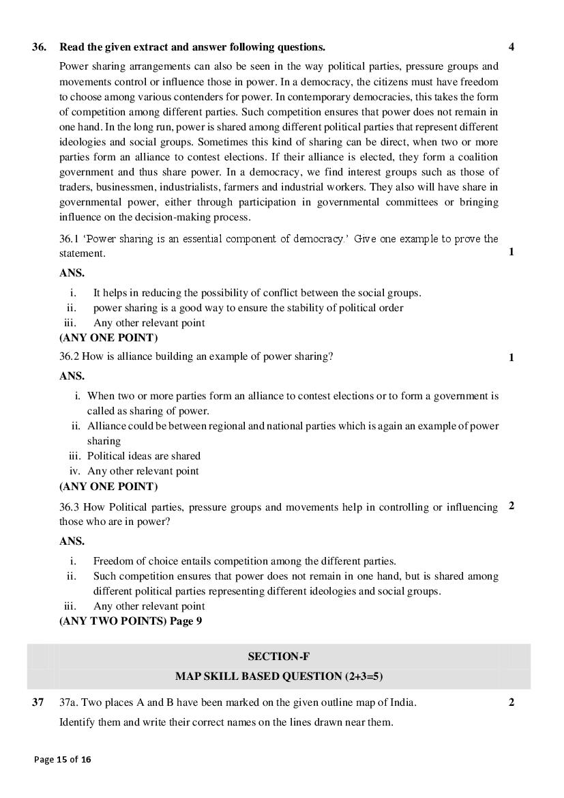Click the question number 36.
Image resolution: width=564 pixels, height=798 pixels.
[40, 47]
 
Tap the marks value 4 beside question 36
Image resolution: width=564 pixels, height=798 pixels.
[511, 47]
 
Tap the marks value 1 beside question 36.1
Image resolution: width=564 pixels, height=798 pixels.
[511, 252]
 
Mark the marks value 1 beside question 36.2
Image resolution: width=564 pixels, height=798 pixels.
[511, 357]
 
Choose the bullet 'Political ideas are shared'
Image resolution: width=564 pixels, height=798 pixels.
[143, 456]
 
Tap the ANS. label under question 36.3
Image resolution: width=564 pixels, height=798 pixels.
[72, 541]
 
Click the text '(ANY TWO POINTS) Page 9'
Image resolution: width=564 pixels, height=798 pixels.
[130, 621]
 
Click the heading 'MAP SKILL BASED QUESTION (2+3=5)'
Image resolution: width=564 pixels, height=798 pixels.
[279, 676]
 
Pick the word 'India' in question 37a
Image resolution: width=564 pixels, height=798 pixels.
[402, 702]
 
